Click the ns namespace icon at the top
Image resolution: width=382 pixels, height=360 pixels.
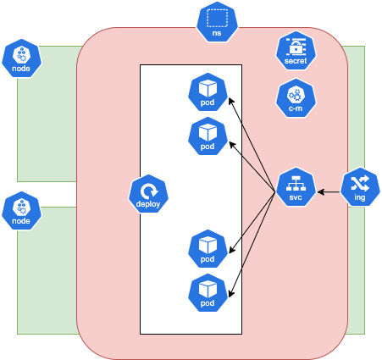tap(216, 22)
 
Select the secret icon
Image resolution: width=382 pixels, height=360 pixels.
tap(296, 51)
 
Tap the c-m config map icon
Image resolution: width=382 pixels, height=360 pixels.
tap(296, 98)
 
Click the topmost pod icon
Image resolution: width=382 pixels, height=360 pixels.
tap(208, 92)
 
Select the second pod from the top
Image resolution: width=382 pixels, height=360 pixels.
tap(208, 136)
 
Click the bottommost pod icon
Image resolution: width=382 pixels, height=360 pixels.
tap(208, 292)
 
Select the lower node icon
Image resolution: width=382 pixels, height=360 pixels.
tap(21, 211)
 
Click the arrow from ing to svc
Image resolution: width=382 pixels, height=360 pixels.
tap(329, 187)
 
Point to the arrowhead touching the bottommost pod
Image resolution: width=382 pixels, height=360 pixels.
tap(231, 287)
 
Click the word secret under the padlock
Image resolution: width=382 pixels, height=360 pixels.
tap(296, 61)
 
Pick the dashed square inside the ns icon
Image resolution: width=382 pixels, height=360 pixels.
tap(216, 17)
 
